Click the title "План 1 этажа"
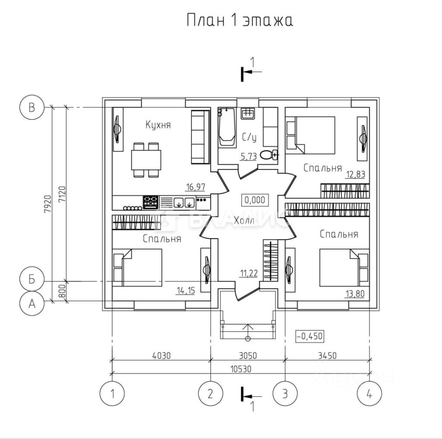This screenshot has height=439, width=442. (x=240, y=20)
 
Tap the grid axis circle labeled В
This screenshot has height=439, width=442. (x=32, y=107)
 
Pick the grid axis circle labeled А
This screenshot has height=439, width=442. (x=32, y=303)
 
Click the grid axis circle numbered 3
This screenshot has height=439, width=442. (x=285, y=394)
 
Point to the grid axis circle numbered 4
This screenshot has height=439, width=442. (x=369, y=394)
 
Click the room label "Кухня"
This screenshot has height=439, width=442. (x=158, y=125)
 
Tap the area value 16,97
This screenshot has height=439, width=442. (x=196, y=187)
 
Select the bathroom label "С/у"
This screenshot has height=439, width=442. (x=249, y=138)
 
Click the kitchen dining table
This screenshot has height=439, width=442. (x=146, y=159)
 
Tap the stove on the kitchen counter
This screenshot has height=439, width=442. (x=150, y=202)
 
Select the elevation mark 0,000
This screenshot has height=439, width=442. (x=255, y=200)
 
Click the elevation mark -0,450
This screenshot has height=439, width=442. (x=309, y=336)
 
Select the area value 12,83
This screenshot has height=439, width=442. (x=356, y=174)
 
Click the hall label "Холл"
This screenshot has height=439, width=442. (x=244, y=221)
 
